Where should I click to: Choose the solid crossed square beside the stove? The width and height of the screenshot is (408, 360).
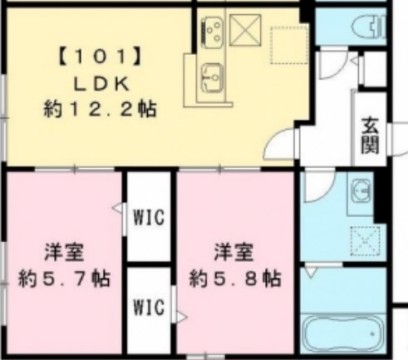(x=245, y=30)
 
